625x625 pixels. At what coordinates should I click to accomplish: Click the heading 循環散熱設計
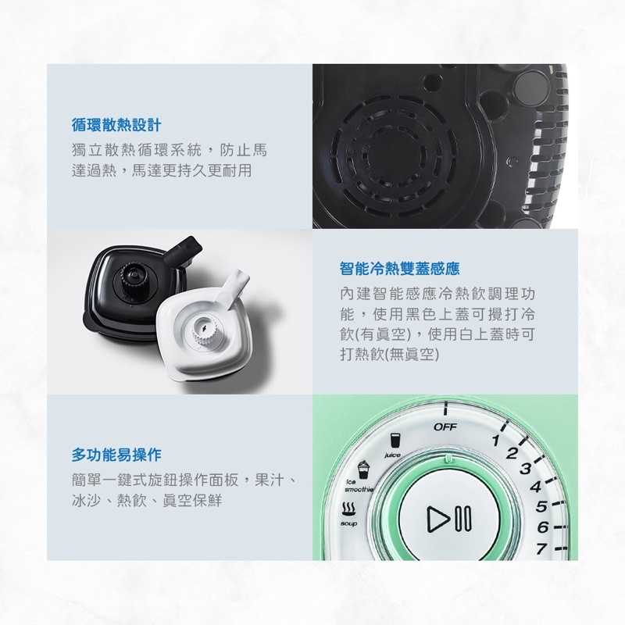(116, 124)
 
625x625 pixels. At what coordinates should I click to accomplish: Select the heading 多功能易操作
(116, 454)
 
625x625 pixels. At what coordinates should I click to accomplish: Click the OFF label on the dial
(445, 427)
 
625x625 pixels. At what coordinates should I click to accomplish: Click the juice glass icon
(395, 441)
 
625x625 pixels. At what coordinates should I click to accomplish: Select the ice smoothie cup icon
(362, 470)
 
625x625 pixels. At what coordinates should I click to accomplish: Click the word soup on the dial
(348, 523)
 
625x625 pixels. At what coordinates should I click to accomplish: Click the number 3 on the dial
(525, 469)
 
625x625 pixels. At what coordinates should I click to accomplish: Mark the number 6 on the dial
(541, 527)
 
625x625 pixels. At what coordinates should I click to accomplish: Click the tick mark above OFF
(445, 409)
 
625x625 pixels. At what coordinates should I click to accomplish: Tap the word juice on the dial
(392, 455)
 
